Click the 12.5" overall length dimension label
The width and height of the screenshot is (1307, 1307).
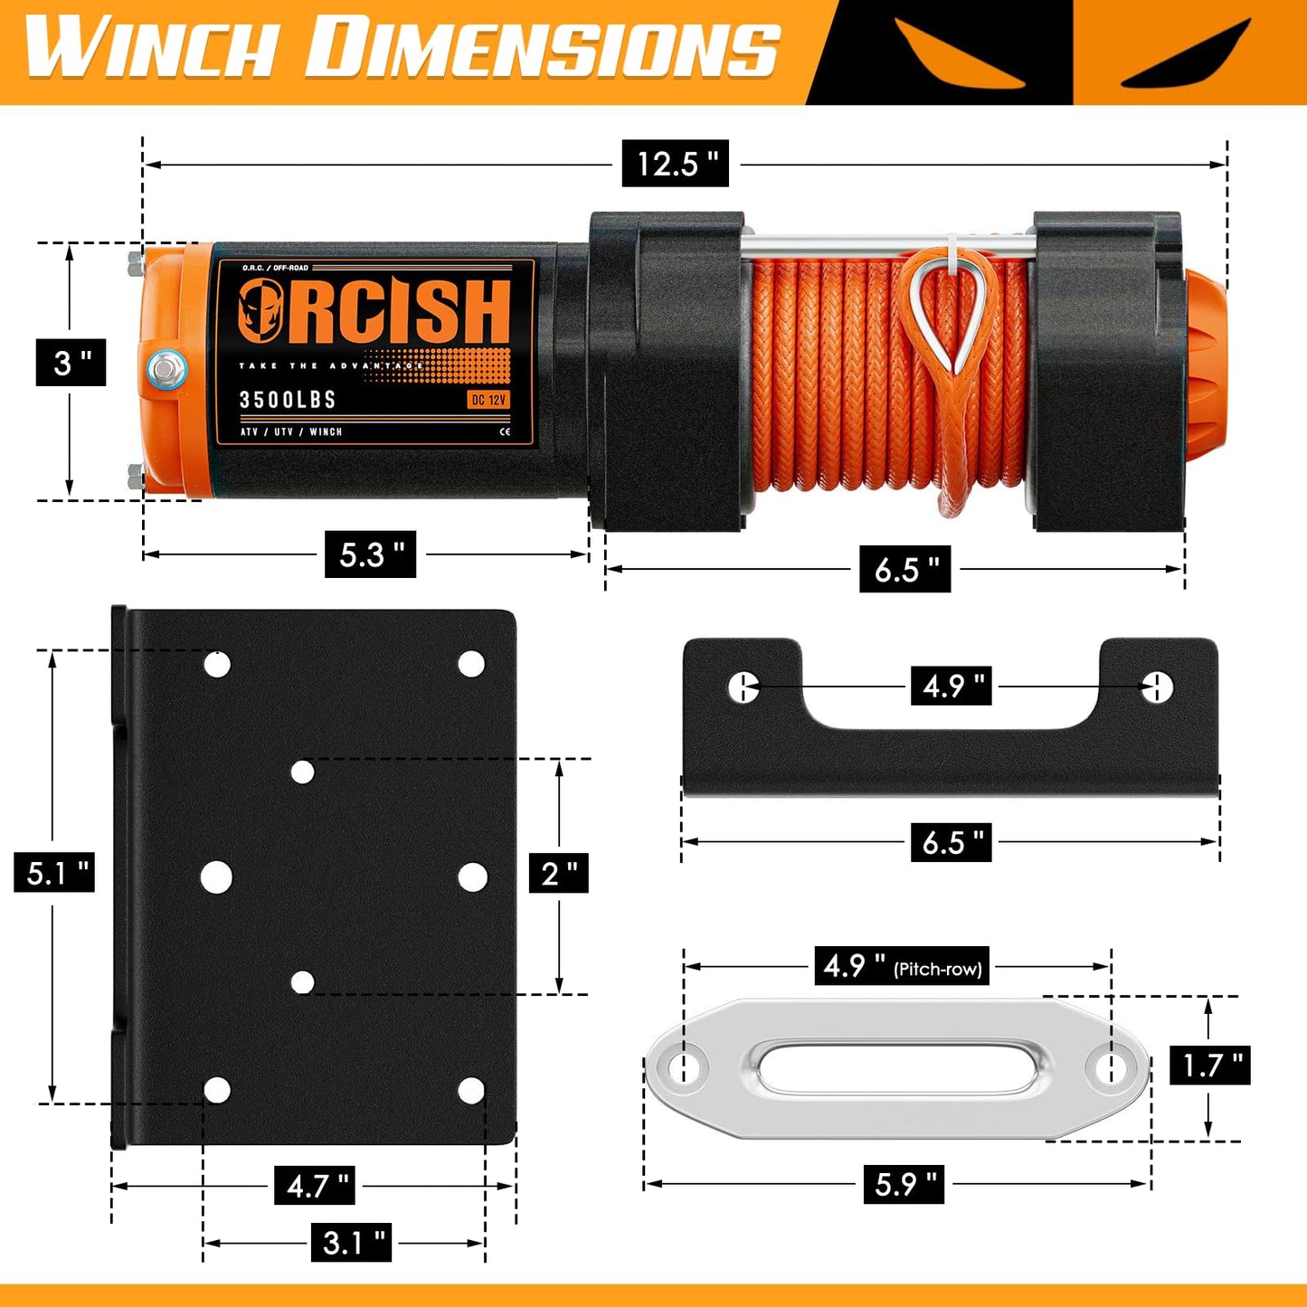675,164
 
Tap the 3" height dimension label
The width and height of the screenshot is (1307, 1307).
71,363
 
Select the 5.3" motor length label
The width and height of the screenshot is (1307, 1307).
371,554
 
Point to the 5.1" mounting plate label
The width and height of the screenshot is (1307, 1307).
55,873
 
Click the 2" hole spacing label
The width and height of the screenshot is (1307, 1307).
558,873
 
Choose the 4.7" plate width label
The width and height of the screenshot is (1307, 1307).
314,1185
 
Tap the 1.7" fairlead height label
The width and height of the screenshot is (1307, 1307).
1210,1065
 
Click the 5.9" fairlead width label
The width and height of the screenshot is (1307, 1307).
904,1183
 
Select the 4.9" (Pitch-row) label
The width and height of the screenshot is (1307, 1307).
901,966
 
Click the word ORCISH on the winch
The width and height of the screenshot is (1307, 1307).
374,311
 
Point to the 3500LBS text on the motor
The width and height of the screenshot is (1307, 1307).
288,400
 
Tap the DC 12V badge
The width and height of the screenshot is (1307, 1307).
488,400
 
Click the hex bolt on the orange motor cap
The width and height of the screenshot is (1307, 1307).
166,369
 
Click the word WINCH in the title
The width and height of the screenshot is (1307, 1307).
150,47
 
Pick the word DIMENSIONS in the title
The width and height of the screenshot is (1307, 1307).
543,47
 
